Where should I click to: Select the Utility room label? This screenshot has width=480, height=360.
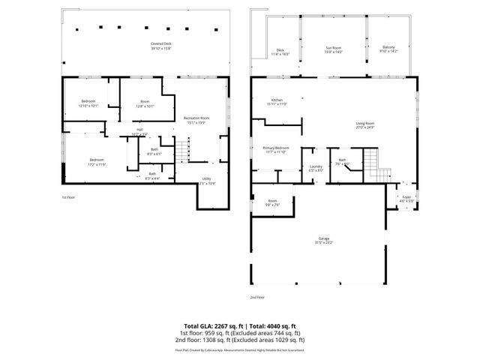(x=206, y=181)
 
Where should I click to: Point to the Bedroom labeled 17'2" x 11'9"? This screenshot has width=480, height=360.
(x=97, y=161)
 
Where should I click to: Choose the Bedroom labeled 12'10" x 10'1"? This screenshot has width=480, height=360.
(x=88, y=103)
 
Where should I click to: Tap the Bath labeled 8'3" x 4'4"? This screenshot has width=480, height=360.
(x=151, y=175)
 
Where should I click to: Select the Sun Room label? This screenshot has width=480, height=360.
(x=334, y=49)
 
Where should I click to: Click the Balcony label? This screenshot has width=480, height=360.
(x=388, y=49)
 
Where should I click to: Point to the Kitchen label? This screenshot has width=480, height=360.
(x=277, y=102)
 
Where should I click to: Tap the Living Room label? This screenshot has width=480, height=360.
(x=364, y=125)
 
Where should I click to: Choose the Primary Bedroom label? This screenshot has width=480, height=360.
(x=276, y=150)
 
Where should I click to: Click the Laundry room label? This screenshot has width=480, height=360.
(x=316, y=169)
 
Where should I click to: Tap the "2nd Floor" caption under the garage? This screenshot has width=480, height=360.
(x=257, y=297)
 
